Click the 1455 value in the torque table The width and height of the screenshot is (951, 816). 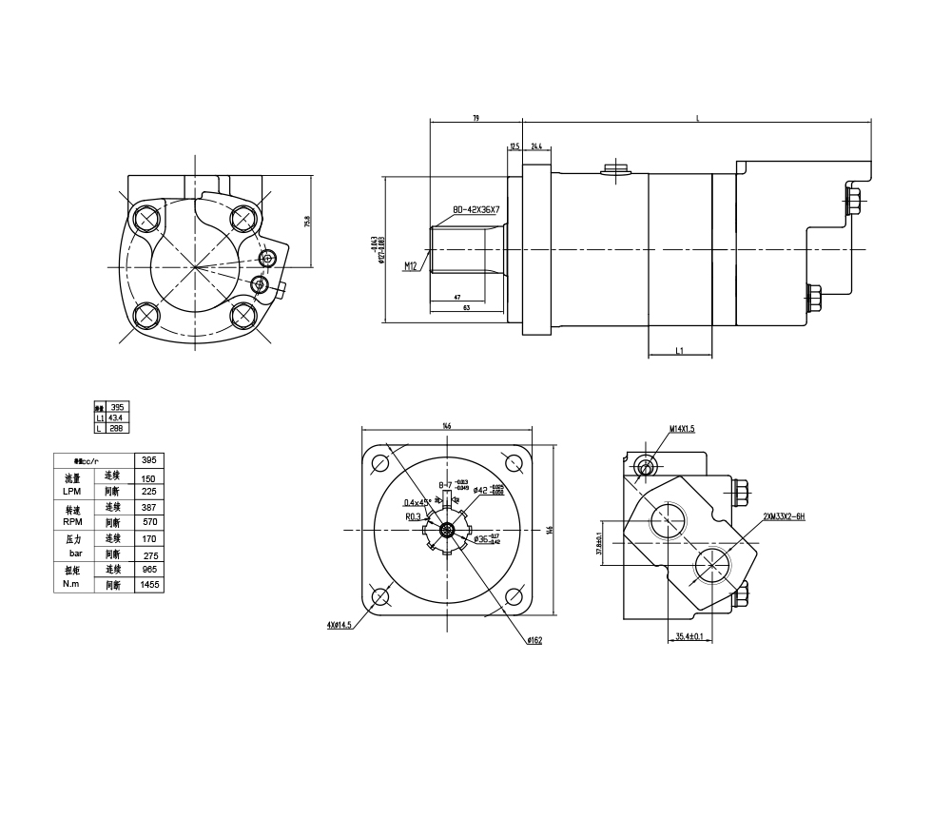point(148,586)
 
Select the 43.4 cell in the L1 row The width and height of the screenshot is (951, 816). point(114,418)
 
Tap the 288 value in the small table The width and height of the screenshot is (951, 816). point(114,429)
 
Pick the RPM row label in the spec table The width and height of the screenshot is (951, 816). point(72,521)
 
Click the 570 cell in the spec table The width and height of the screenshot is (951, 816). point(148,522)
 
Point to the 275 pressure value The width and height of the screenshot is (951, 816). point(148,554)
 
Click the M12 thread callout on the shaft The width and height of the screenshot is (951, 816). point(411,266)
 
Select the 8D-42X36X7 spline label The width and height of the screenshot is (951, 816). point(476,209)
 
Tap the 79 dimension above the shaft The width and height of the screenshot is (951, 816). point(475,118)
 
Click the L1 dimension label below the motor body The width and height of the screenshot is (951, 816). point(680,351)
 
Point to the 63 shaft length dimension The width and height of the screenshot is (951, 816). point(467,308)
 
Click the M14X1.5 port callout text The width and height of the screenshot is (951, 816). point(682,429)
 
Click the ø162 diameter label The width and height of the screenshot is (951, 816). point(534,640)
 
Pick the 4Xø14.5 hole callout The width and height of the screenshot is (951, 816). point(340,625)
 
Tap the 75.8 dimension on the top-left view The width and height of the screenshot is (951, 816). point(306,222)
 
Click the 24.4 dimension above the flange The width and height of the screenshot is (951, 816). point(536,146)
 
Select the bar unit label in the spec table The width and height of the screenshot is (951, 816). point(76,554)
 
